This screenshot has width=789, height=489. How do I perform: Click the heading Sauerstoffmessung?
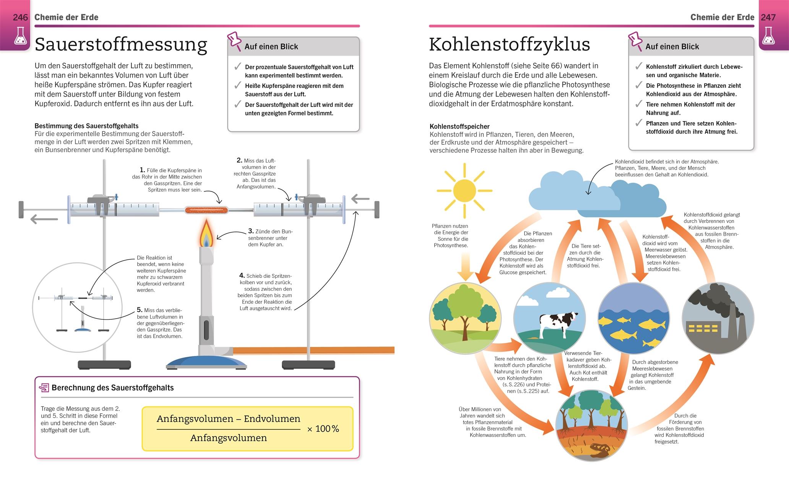121,45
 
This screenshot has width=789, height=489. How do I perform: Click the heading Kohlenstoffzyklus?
509,45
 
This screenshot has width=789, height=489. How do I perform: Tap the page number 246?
20,17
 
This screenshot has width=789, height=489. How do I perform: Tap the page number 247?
768,17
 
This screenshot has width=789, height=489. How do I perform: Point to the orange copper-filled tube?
206,209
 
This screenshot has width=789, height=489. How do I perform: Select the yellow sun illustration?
464,190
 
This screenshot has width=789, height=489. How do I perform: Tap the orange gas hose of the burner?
313,350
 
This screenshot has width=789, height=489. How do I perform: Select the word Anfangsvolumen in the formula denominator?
229,438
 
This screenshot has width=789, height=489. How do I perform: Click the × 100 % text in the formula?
323,429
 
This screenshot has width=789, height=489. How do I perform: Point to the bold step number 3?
251,231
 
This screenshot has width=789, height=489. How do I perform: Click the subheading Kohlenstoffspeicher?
459,126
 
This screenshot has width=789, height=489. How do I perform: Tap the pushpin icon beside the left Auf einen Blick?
234,41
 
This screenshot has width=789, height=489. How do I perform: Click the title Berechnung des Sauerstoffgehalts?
112,387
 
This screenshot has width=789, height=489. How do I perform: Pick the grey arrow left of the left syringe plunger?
44,219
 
